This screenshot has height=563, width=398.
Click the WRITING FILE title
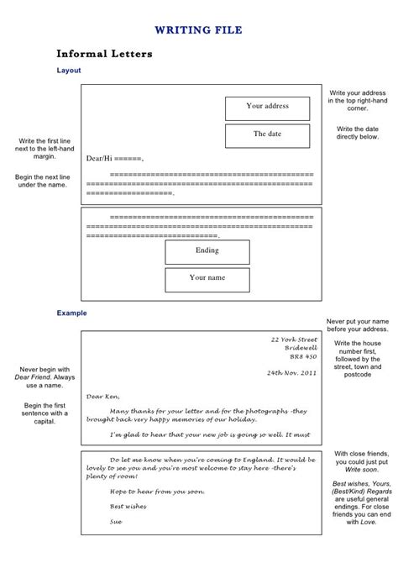(x=198, y=30)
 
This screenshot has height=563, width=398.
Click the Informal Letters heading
(x=104, y=55)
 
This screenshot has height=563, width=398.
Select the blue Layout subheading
(x=69, y=71)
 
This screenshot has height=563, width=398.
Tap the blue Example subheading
(x=71, y=313)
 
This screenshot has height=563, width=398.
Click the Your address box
(x=267, y=107)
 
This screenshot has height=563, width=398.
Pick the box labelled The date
(x=267, y=134)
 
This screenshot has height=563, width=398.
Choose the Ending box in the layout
(x=207, y=251)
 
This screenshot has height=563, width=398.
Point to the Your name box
(x=207, y=278)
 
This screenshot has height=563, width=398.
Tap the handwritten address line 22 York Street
(x=294, y=339)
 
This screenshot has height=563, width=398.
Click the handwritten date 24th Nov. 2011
(x=291, y=372)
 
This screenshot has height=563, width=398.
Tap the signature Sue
(x=116, y=522)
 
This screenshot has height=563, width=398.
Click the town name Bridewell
(x=301, y=348)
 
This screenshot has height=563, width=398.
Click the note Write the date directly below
(x=358, y=133)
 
